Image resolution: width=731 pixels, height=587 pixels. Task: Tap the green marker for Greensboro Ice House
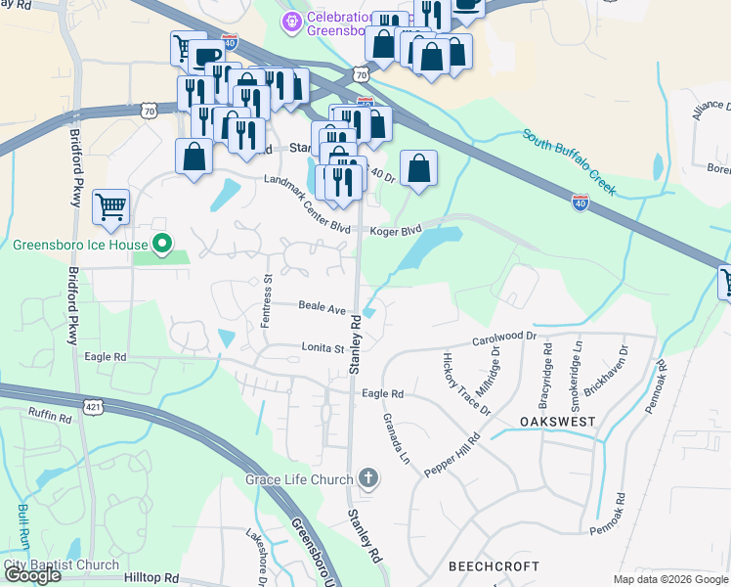164,245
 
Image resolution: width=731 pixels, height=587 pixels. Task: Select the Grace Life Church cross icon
368,478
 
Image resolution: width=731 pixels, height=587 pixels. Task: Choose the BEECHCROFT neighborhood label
494,567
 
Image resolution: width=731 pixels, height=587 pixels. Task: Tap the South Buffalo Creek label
569,161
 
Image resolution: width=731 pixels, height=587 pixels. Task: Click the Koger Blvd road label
396,231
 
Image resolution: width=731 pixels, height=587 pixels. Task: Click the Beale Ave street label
323,307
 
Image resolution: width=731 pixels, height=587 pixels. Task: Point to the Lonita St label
322,348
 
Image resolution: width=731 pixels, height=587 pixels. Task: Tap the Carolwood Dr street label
504,339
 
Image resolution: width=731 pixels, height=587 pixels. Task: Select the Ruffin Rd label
50,418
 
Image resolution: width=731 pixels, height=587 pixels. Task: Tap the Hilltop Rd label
151,578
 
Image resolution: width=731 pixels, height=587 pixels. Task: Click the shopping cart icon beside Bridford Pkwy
111,207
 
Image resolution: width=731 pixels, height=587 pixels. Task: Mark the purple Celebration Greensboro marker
290,21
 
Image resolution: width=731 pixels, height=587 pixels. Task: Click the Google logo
32,575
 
